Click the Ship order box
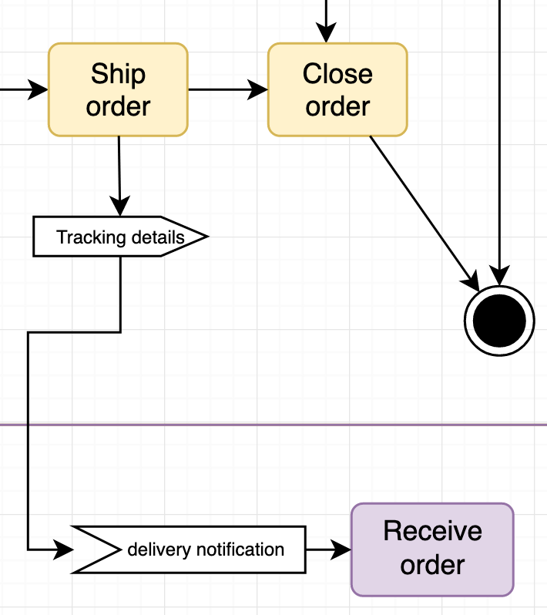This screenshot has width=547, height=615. tap(118, 90)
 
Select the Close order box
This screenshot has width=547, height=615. tap(337, 90)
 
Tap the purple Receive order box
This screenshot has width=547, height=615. tap(432, 549)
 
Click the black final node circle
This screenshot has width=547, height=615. tap(499, 320)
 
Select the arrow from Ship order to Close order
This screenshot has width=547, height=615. tap(227, 90)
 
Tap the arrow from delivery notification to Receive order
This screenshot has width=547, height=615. tap(327, 549)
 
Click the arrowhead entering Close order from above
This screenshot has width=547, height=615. tap(327, 32)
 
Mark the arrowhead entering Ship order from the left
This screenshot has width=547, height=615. tap(37, 90)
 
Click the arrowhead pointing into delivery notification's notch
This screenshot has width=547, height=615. tap(63, 549)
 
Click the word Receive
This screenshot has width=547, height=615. tap(432, 532)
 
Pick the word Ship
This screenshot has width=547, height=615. tap(118, 74)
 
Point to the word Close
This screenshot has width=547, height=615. tap(337, 74)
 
